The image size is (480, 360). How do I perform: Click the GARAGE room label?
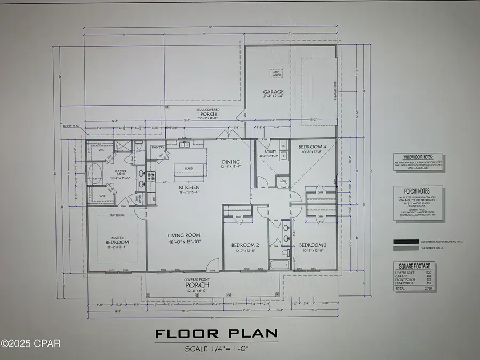pos(273,92)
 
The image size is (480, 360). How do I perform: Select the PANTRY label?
pos(157,147)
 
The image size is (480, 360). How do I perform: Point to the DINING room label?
pos(230,162)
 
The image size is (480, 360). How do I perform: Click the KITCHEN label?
pos(189,187)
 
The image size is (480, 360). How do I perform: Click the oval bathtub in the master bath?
pos(96,173)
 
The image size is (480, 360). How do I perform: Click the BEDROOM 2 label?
pos(245,245)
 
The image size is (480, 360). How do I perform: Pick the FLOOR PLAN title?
pos(217,334)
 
